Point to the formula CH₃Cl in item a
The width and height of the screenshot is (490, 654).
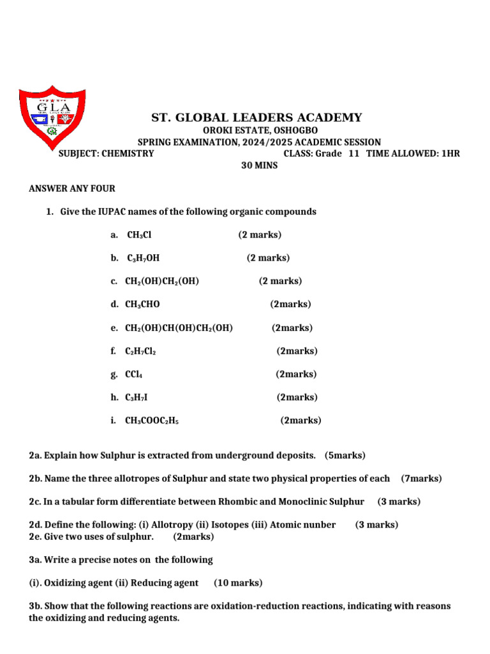[139, 235]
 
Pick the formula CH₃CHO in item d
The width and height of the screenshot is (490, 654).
[142, 305]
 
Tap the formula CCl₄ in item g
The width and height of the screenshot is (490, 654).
[134, 374]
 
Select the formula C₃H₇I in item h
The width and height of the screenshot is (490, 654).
[137, 397]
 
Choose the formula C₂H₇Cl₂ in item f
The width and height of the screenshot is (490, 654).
[140, 351]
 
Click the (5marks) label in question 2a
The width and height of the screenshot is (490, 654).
[345, 455]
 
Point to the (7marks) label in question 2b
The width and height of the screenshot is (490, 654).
[421, 478]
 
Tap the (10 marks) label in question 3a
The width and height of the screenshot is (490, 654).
[238, 582]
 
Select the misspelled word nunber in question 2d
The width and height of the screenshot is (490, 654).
[321, 525]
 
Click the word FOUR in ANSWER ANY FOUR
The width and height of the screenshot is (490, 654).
[102, 188]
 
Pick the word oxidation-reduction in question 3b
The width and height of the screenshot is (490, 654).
[299, 606]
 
